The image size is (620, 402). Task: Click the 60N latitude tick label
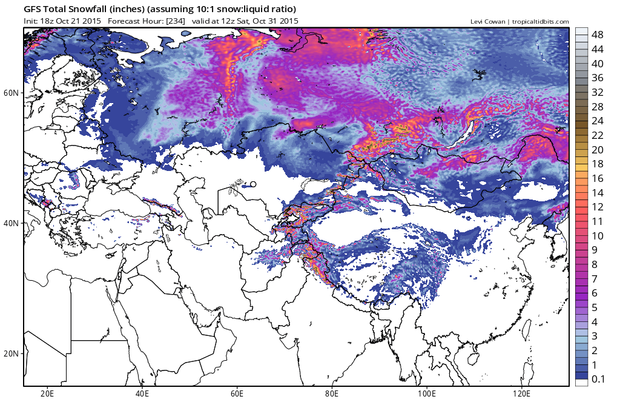click(x=12, y=93)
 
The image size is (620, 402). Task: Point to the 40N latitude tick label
click(x=12, y=223)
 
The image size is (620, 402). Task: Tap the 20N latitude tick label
click(x=12, y=353)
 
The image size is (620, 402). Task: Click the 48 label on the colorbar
click(x=597, y=35)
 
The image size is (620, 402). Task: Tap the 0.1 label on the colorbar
click(x=598, y=380)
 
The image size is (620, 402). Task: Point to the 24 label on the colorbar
click(x=597, y=121)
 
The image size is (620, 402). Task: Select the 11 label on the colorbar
click(x=597, y=221)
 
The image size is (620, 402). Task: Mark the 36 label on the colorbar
click(x=597, y=78)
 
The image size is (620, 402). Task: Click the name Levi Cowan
click(x=488, y=21)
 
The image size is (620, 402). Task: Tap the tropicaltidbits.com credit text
click(x=540, y=21)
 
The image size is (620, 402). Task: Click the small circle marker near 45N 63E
click(x=253, y=184)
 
